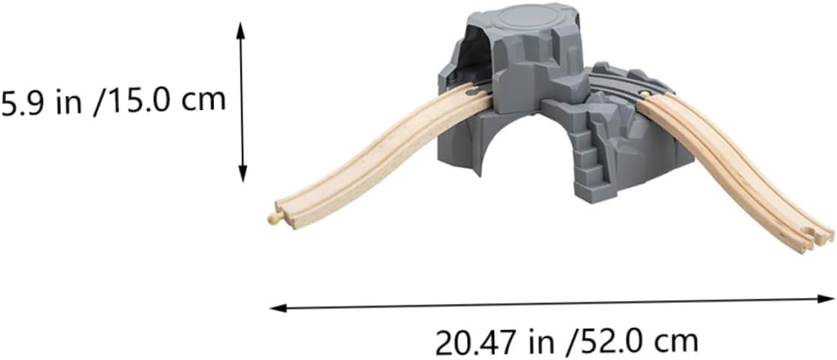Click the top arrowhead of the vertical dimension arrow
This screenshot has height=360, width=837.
point(241,30)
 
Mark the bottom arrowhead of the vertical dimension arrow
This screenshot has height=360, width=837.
point(243,174)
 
